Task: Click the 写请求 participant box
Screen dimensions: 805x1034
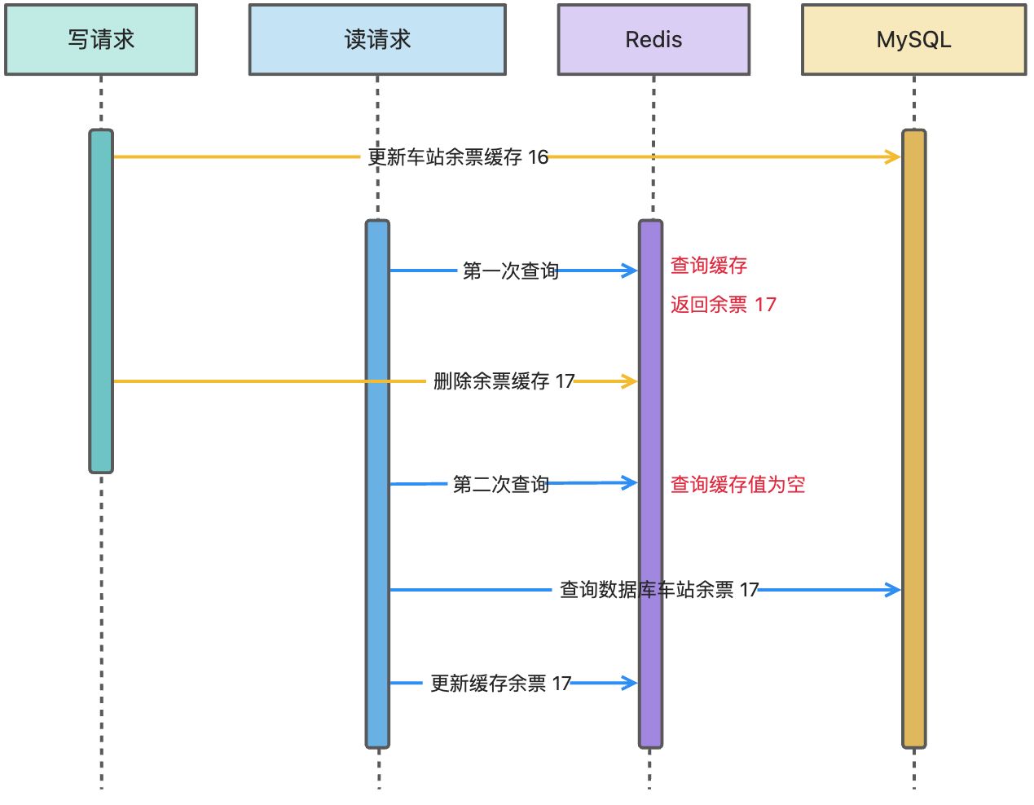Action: [101, 40]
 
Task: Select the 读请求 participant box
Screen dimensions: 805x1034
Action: [377, 40]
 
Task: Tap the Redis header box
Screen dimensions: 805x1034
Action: [653, 40]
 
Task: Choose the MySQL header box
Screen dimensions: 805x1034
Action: [913, 40]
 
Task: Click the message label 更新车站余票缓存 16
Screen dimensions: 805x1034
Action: [458, 157]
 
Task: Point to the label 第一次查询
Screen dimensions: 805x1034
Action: [510, 271]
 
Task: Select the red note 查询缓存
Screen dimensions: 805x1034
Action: [709, 266]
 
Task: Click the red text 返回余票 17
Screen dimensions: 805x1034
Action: [724, 305]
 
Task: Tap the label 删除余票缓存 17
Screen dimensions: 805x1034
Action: [504, 381]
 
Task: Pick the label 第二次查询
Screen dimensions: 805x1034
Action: [500, 485]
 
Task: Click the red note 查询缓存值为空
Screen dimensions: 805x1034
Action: [737, 485]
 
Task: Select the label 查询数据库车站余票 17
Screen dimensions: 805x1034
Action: [659, 590]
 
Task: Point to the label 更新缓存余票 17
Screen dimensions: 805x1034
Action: [500, 684]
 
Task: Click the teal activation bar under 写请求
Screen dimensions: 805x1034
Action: [101, 301]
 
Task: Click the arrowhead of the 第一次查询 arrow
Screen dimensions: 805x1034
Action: [631, 271]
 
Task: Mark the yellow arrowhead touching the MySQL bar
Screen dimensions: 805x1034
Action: [894, 156]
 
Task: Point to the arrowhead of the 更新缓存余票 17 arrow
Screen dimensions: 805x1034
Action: [631, 683]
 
